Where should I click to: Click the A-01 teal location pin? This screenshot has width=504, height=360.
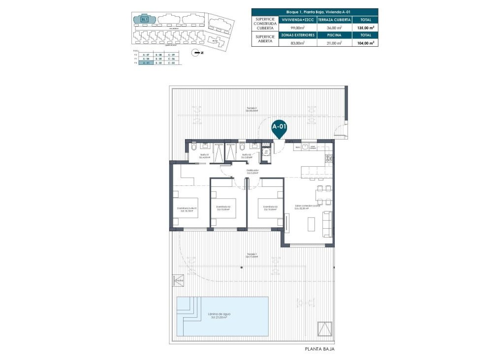coord(280,127)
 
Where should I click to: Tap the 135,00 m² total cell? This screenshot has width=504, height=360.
coord(365,28)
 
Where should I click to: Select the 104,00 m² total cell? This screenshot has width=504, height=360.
coord(365,43)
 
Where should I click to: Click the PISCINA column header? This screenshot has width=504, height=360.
coord(335,35)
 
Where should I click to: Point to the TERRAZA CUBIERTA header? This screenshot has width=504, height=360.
coord(335,19)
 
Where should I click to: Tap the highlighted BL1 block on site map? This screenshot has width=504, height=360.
coord(145,19)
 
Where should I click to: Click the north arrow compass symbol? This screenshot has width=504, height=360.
coord(197,52)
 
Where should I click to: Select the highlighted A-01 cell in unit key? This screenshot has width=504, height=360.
coord(145,63)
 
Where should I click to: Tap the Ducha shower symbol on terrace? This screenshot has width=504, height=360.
coord(178,280)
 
